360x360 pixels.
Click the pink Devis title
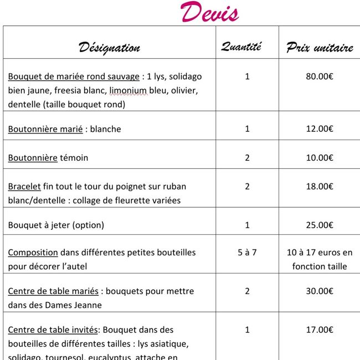pos(209,12)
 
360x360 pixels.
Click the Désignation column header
pos(109,47)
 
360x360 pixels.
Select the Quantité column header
pos(241,47)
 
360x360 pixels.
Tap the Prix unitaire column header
pos(320,48)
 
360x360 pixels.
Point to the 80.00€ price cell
pos(320,76)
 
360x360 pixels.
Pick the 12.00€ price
pos(320,129)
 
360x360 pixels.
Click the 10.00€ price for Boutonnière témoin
pos(320,158)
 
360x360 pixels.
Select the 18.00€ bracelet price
pos(320,187)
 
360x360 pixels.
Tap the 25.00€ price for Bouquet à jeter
pos(320,225)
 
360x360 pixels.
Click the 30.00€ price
pos(320,291)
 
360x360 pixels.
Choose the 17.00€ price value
pos(320,330)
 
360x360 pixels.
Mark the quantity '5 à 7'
pos(247,253)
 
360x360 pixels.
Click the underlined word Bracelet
pos(24,187)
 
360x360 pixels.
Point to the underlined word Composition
pos(33,253)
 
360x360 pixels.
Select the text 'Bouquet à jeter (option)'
pos(56,225)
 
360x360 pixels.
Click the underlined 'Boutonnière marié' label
pos(45,129)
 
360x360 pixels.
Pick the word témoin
pos(74,158)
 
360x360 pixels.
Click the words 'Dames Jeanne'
pos(76,305)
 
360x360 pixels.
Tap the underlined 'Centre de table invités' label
pos(53,330)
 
